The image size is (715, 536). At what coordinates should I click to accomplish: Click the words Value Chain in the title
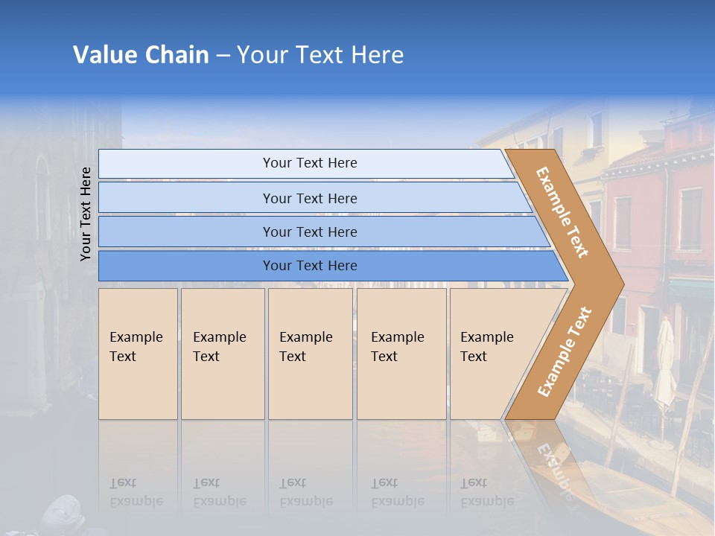[x=141, y=55]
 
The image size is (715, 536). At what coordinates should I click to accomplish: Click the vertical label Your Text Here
[x=86, y=214]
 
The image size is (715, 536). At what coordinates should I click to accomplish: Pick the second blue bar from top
[x=309, y=198]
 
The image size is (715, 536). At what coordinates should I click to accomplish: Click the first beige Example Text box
[x=138, y=354]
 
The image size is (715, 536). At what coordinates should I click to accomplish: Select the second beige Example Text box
[x=222, y=354]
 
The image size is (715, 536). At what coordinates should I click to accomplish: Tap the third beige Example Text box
[x=309, y=354]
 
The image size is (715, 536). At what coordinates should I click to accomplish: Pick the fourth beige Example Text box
[x=401, y=354]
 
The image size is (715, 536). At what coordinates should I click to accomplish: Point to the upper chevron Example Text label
[x=562, y=212]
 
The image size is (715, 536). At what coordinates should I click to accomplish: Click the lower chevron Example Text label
[x=565, y=351]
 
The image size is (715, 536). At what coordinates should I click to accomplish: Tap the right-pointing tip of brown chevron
[x=620, y=284]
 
